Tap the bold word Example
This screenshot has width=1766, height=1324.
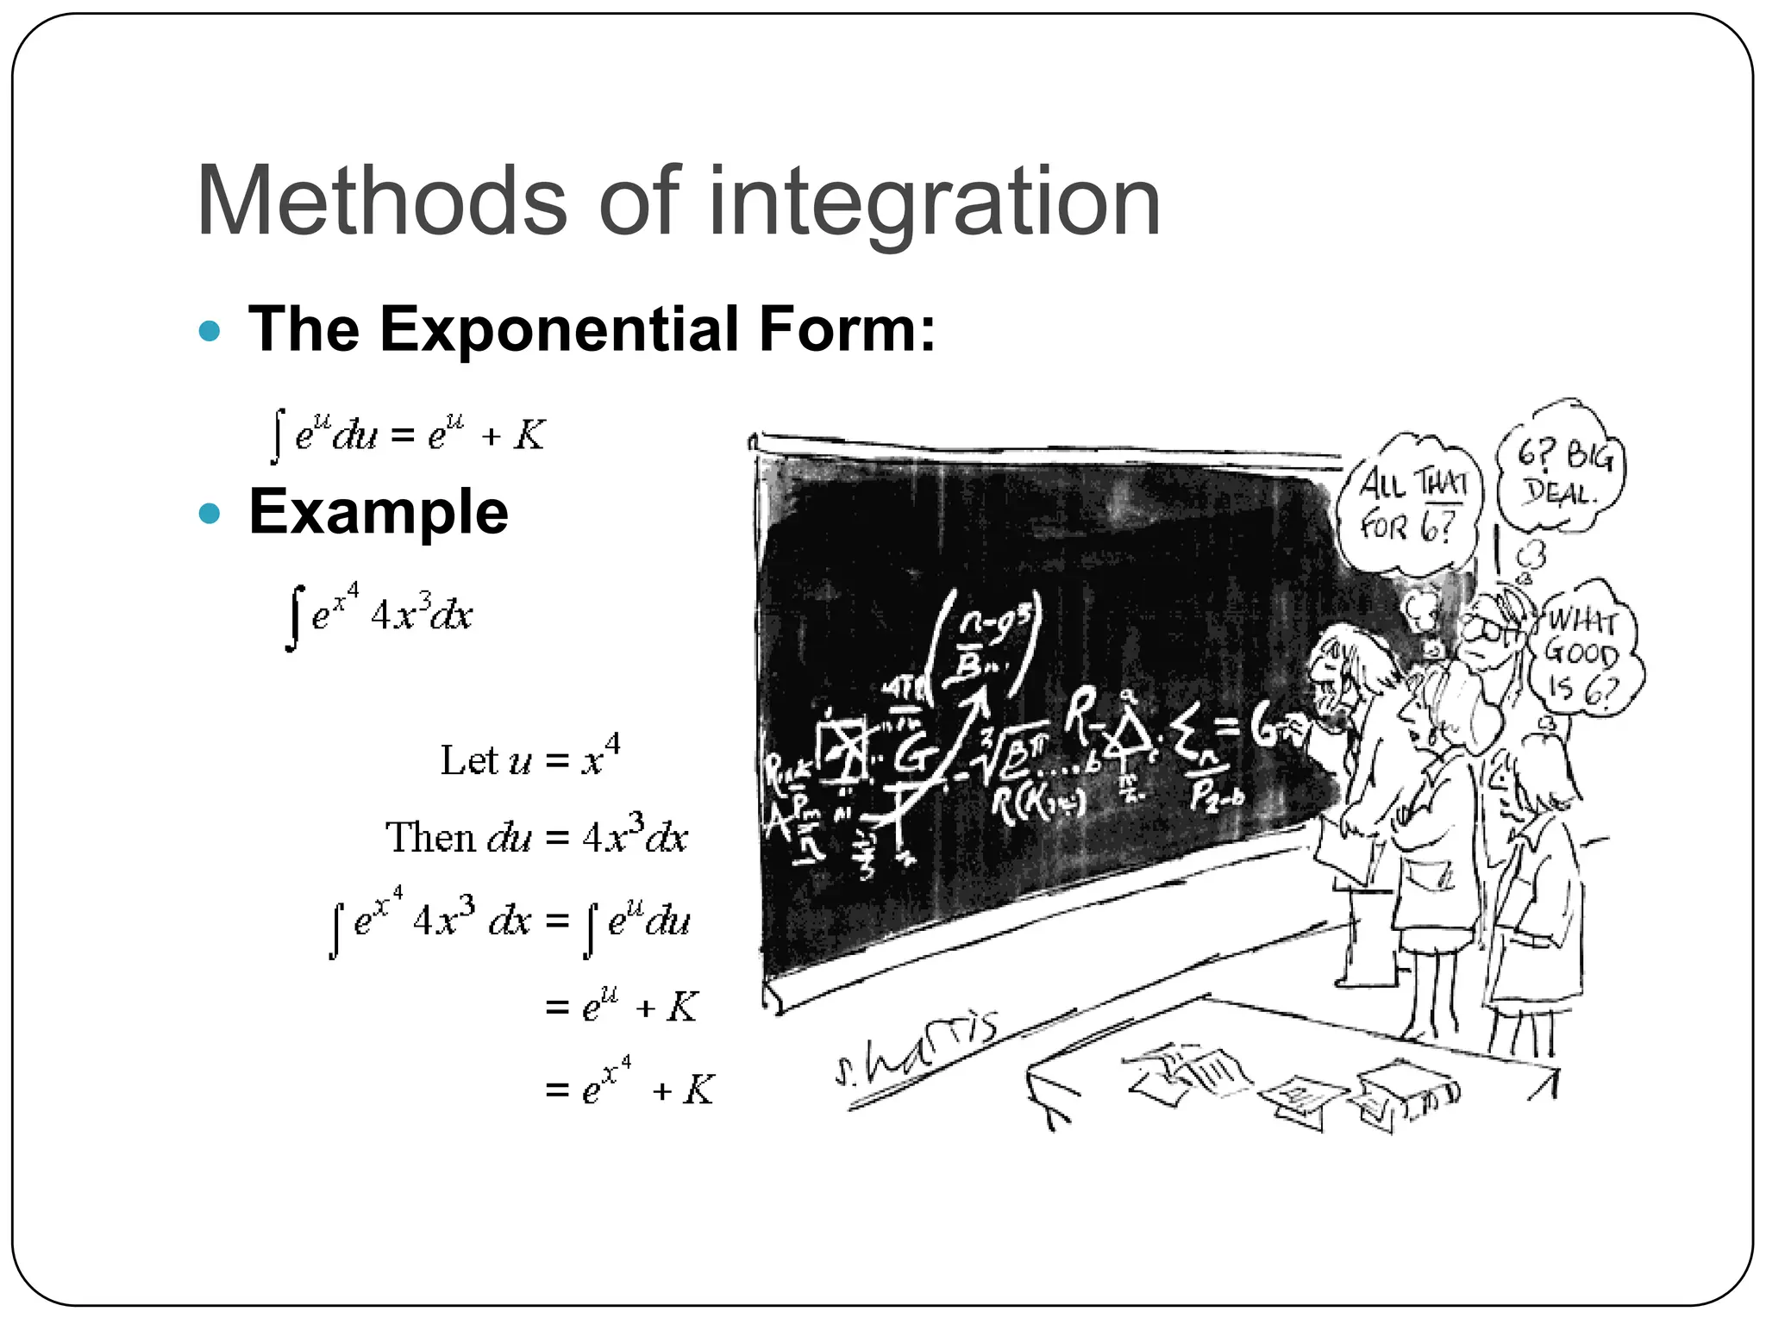[379, 511]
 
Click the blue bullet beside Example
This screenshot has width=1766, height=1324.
[210, 515]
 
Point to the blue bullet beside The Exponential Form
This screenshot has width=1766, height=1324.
[210, 330]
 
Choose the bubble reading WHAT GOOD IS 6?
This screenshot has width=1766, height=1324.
[1583, 655]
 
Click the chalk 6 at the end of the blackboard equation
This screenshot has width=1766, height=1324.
[1264, 728]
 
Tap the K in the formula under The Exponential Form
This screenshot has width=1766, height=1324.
[529, 435]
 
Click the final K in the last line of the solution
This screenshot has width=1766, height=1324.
[698, 1090]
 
